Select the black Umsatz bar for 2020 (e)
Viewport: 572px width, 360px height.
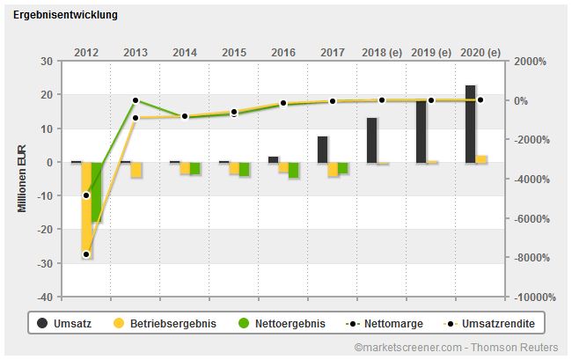(471, 123)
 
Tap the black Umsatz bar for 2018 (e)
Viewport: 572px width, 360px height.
(372, 140)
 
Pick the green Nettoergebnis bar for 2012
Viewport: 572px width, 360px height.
(97, 192)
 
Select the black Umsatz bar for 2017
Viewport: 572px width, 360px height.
(323, 149)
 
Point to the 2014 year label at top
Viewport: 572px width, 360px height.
(185, 52)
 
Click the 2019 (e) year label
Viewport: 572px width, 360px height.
(431, 52)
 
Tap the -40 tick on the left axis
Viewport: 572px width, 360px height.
(44, 297)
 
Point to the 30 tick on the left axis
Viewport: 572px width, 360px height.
(46, 62)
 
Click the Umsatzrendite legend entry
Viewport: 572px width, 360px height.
(490, 324)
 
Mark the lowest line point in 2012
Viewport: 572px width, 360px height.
(86, 254)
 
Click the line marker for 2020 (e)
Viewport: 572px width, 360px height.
(480, 100)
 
